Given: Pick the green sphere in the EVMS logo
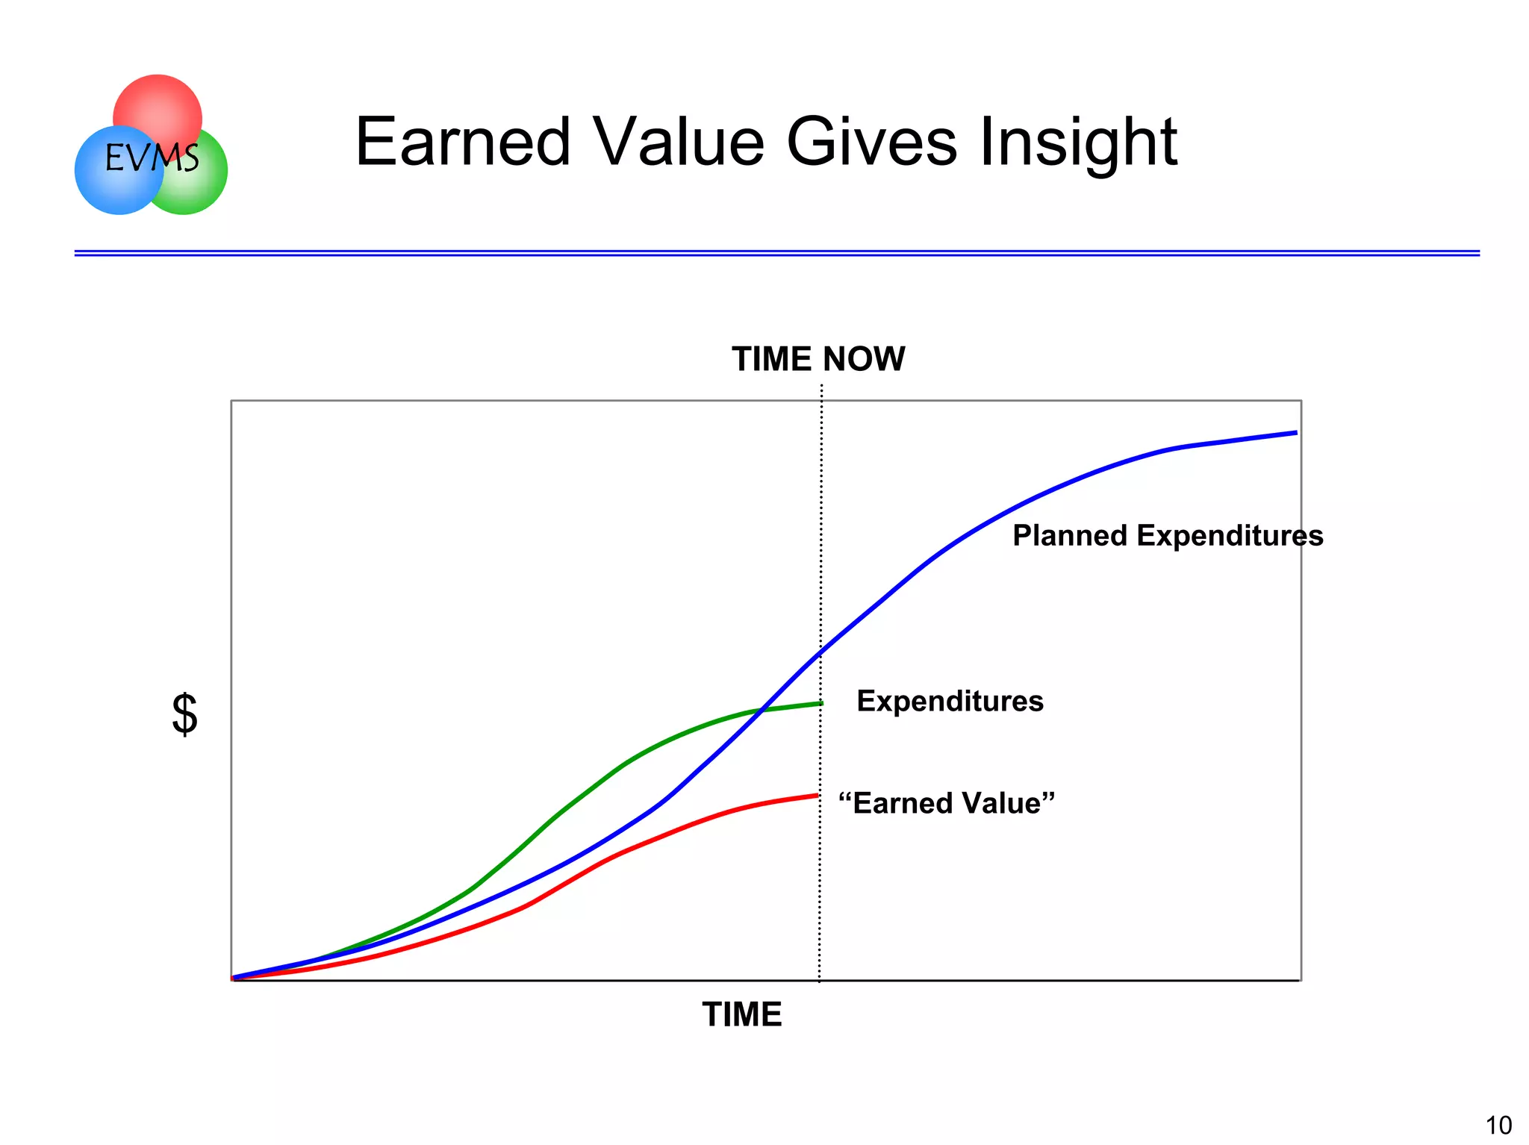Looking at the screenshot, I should point(198,187).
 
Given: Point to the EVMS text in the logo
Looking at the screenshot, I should point(152,158).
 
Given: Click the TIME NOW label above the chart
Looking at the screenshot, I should point(818,359).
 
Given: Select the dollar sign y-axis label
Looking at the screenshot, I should point(184,714).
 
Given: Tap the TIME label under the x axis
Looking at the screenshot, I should point(742,1014).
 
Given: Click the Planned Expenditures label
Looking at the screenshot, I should point(1167,536).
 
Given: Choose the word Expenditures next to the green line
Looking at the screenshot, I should point(950,701).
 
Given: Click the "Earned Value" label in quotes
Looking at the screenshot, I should point(946,803).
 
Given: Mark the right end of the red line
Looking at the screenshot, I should point(818,796).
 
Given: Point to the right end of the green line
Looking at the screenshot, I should point(821,703).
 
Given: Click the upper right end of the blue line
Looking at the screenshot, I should point(1295,433).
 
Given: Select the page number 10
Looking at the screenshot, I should point(1498,1125).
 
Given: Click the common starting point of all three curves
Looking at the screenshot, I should point(234,978).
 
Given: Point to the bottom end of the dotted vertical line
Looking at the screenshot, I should point(819,980).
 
